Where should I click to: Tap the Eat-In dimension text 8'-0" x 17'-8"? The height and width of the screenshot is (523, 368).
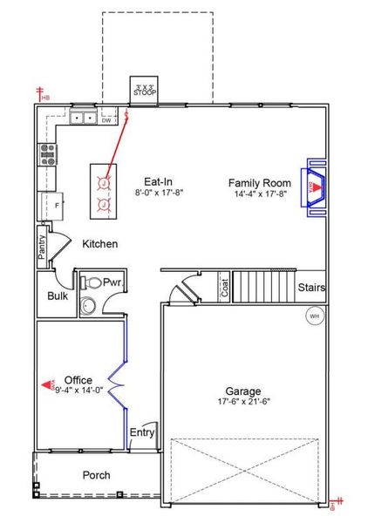(159, 194)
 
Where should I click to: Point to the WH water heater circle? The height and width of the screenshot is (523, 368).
(313, 316)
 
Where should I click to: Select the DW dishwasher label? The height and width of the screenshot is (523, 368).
(106, 120)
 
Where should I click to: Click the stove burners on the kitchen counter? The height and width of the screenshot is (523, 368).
(47, 154)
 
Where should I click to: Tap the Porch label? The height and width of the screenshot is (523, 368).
(96, 476)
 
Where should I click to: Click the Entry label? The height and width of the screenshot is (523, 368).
(141, 433)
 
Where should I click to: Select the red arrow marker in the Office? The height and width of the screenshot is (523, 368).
(49, 383)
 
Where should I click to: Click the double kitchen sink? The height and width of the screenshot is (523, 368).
(84, 118)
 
